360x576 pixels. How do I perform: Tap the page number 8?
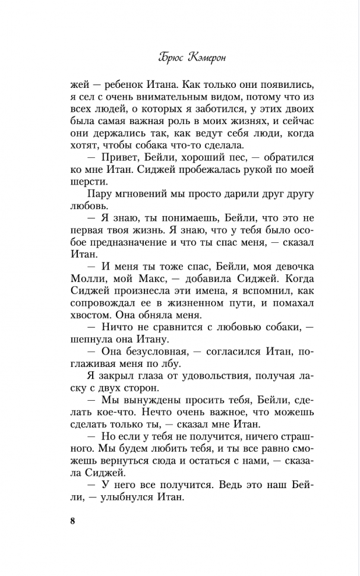[72, 522]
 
